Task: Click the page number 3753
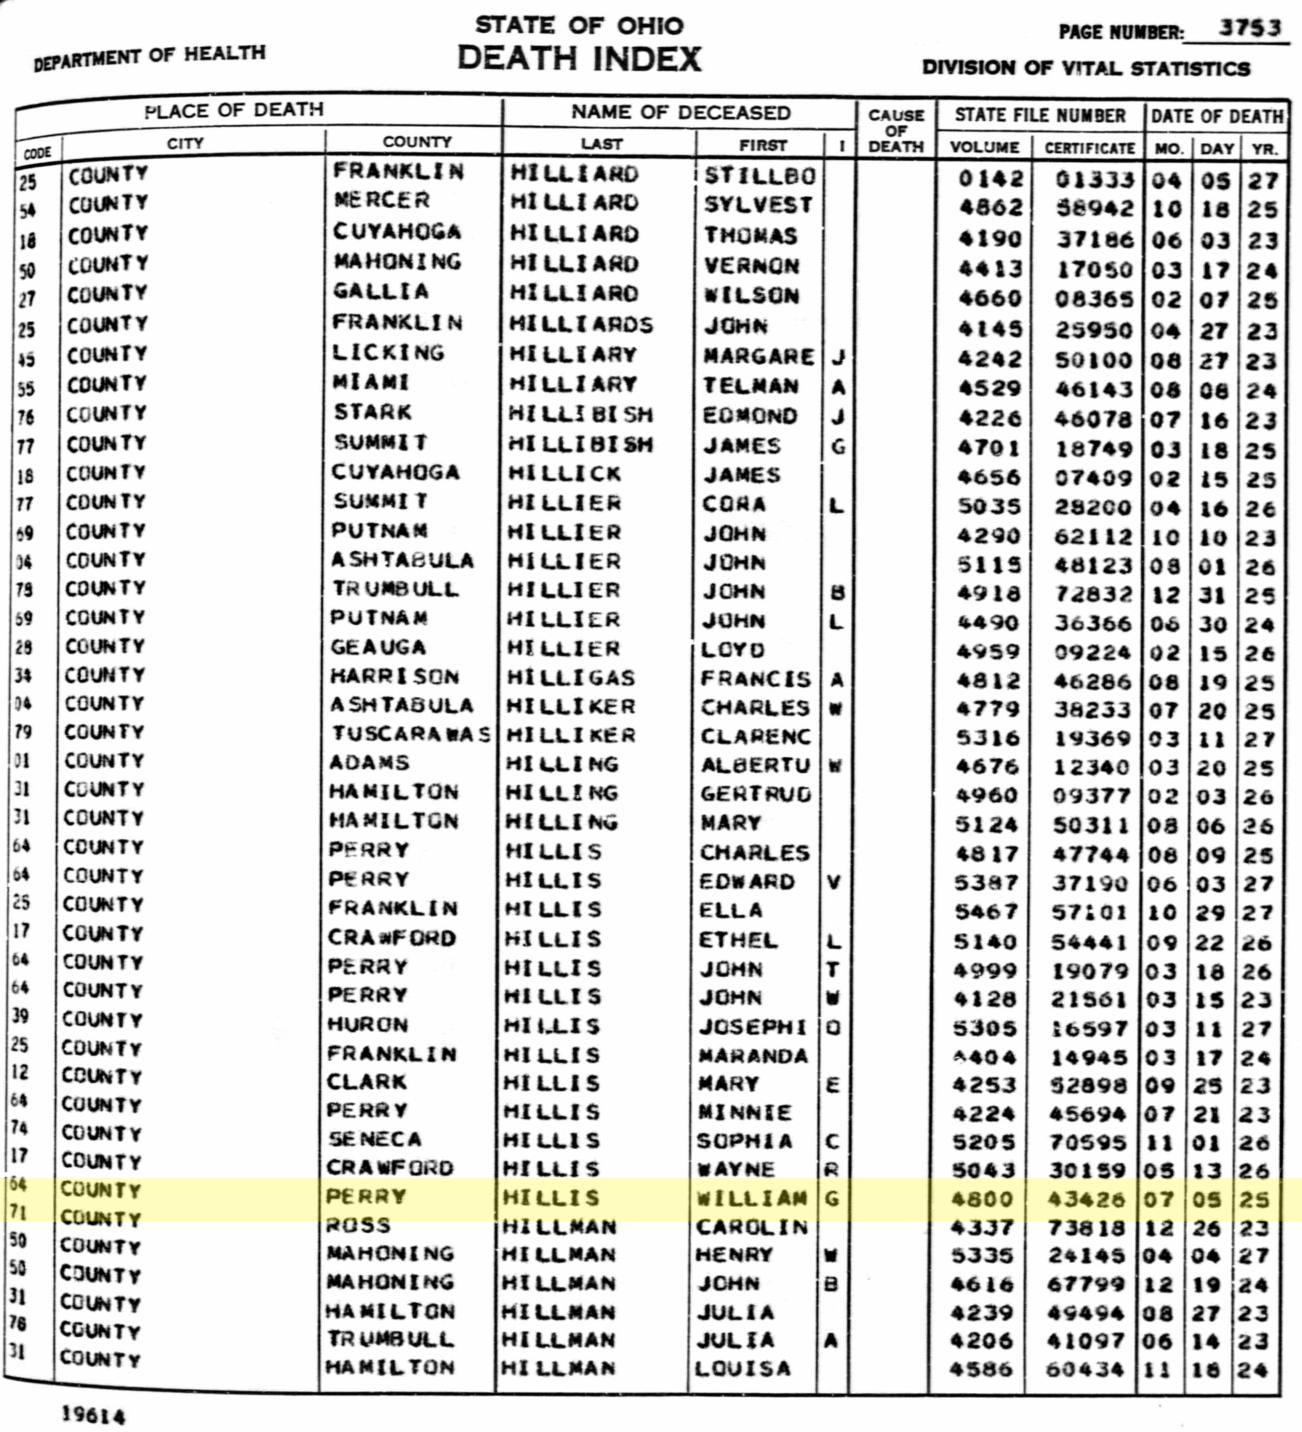pyautogui.click(x=1249, y=28)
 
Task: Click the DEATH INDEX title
pyautogui.click(x=579, y=58)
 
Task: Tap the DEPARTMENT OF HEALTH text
pyautogui.click(x=150, y=56)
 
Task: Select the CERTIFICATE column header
pyautogui.click(x=1089, y=148)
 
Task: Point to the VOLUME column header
pyautogui.click(x=985, y=147)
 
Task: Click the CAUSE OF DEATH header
pyautogui.click(x=896, y=131)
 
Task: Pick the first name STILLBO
pyautogui.click(x=759, y=175)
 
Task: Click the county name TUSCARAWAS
pyautogui.click(x=411, y=735)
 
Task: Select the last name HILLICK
pyautogui.click(x=565, y=473)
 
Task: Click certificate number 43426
pyautogui.click(x=1086, y=1200)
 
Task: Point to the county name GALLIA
pyautogui.click(x=381, y=292)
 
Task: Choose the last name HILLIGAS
pyautogui.click(x=571, y=677)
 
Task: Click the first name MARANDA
pyautogui.click(x=753, y=1056)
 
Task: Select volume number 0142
pyautogui.click(x=991, y=178)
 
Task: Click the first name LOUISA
pyautogui.click(x=742, y=1368)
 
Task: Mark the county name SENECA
pyautogui.click(x=375, y=1139)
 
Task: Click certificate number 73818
pyautogui.click(x=1086, y=1227)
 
